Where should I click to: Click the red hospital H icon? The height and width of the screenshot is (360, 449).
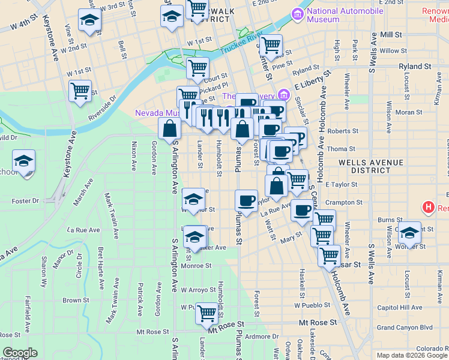[428, 208]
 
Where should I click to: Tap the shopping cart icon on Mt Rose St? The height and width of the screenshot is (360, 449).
[207, 312]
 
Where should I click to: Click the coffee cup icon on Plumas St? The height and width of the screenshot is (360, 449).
[246, 200]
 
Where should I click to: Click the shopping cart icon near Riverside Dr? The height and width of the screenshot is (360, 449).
[80, 91]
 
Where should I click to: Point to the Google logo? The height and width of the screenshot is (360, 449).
[20, 353]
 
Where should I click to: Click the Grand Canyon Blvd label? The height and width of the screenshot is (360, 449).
[405, 328]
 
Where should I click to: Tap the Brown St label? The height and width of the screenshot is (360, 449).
[76, 301]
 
